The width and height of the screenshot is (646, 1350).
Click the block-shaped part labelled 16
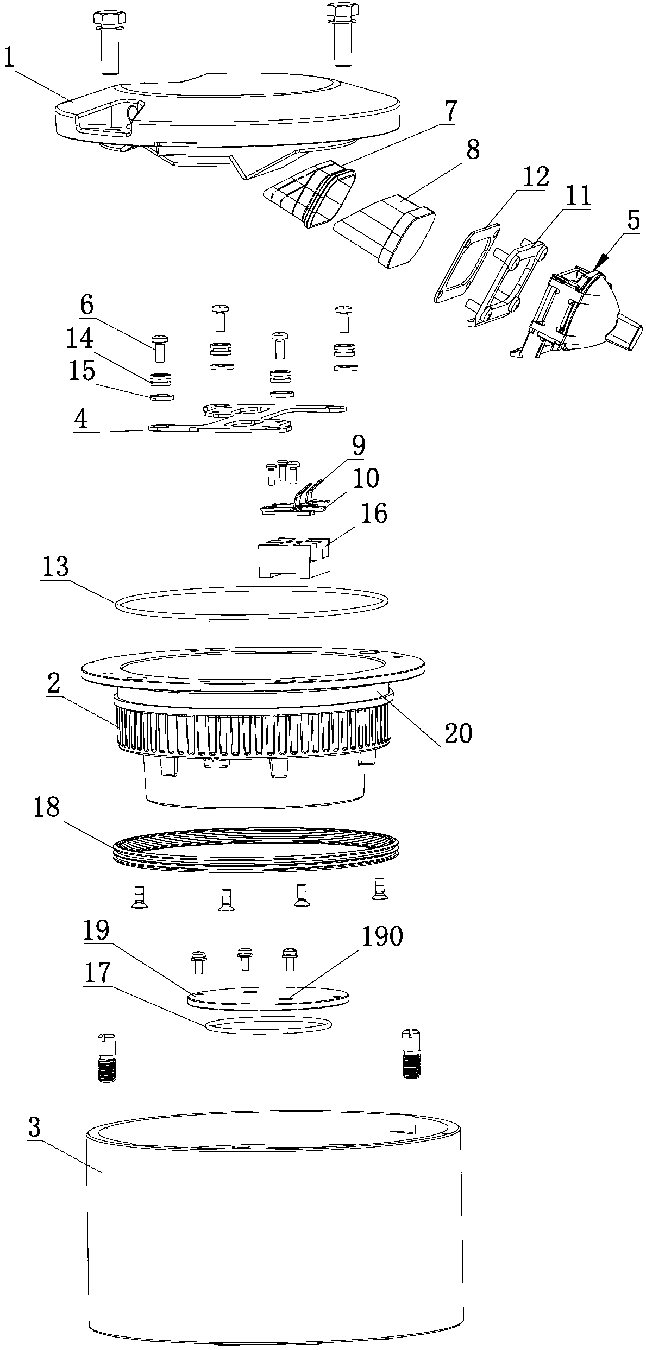tap(293, 559)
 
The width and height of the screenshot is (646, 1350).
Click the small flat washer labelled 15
tap(161, 397)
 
